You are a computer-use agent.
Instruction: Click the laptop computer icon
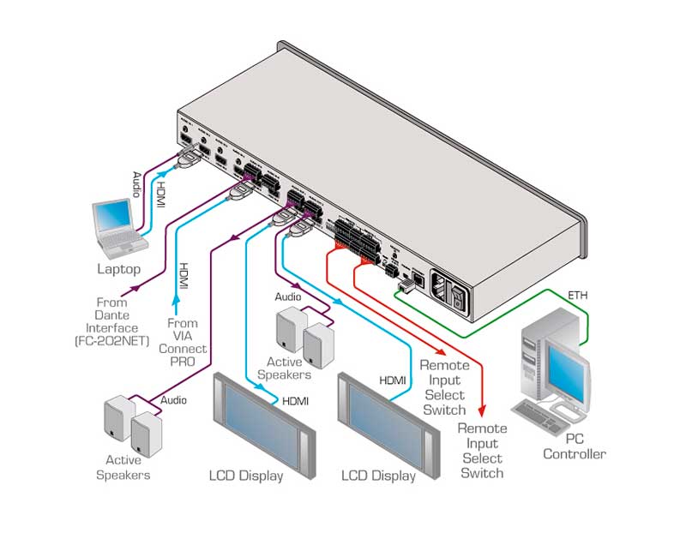(119, 227)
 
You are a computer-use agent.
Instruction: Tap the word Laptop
(119, 269)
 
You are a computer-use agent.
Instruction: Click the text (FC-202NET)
(112, 342)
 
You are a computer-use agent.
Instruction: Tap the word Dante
(112, 315)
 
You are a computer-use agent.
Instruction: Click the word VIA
(183, 336)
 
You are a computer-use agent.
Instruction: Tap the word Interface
(112, 329)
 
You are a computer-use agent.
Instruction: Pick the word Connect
(183, 349)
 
